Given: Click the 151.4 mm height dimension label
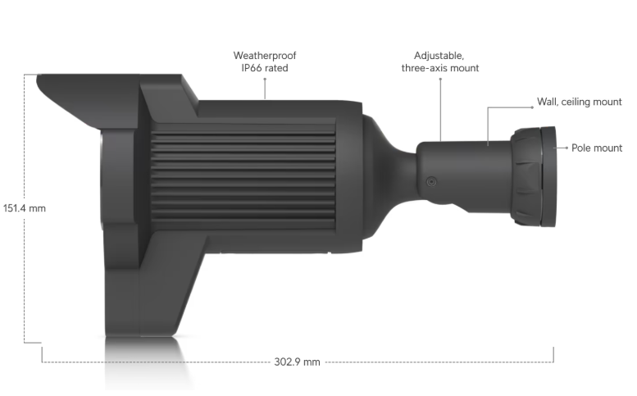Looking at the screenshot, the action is tap(25, 208).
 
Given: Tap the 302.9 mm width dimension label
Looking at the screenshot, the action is tap(297, 362).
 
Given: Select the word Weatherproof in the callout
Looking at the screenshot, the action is tap(265, 56).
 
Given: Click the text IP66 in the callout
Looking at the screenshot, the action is tap(252, 68).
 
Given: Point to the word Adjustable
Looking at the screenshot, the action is tap(439, 56).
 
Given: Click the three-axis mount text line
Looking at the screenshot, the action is tap(440, 68).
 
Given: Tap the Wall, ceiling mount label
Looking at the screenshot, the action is tap(580, 102).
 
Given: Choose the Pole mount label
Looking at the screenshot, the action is tap(597, 148).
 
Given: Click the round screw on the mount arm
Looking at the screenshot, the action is tap(431, 181).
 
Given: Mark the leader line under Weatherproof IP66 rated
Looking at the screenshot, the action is tap(265, 89).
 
